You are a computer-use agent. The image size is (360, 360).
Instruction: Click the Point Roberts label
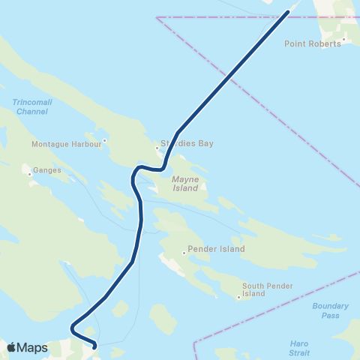[x=313, y=43]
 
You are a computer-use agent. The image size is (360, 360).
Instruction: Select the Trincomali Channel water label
[x=29, y=106]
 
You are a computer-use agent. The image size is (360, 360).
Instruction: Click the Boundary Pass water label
[x=330, y=310]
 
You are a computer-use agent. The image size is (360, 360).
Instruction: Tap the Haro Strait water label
[x=299, y=347]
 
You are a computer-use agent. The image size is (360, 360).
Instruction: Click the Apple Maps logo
[x=10, y=347]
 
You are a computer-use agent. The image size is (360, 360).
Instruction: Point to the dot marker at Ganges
[x=29, y=175]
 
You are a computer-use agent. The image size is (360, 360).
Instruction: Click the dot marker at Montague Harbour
[x=105, y=139]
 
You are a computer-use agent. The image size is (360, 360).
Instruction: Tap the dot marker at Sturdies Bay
[x=157, y=148]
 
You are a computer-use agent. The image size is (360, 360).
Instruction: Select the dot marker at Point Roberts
[x=344, y=39]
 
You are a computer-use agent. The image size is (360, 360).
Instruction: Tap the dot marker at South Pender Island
[x=238, y=298]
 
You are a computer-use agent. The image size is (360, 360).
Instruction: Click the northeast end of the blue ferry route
[x=287, y=13]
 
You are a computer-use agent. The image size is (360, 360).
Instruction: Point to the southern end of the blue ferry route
[x=94, y=346]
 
